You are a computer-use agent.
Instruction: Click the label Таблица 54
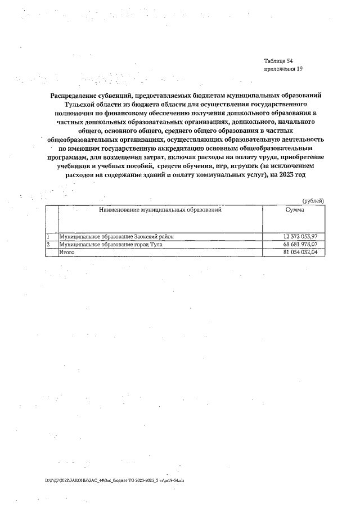coord(278,60)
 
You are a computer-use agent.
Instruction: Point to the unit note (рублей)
coord(313,201)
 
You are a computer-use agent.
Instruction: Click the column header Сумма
coord(295,210)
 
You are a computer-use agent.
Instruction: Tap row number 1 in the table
coord(48,237)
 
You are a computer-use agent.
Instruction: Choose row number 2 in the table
coord(48,245)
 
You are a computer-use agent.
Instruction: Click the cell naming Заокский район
coord(116,237)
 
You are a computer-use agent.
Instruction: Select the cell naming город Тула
coord(111,245)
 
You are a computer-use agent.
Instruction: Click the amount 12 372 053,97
coord(301,237)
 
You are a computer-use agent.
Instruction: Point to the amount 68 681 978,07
coord(301,245)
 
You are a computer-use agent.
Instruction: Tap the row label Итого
coord(67,253)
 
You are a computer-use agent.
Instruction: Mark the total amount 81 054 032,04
coord(301,253)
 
